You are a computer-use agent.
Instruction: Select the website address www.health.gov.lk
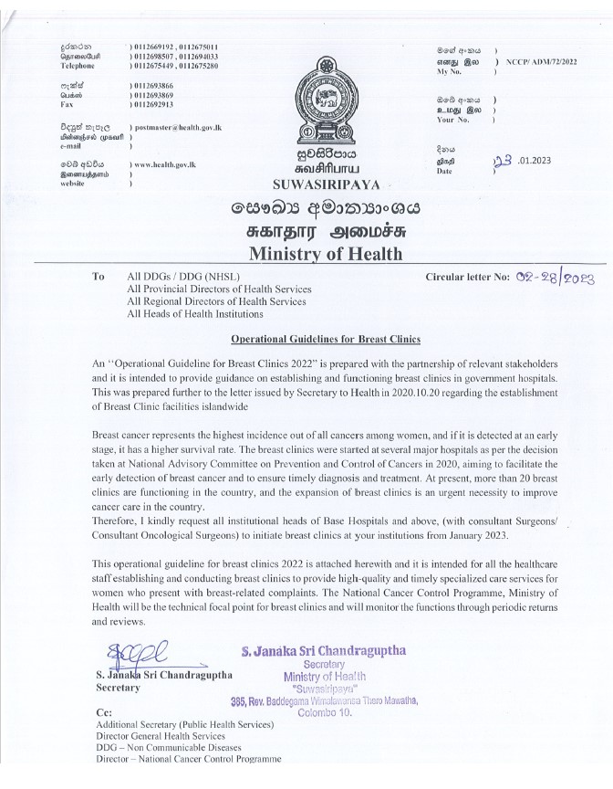[x=167, y=163]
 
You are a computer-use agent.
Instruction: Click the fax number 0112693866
[x=151, y=83]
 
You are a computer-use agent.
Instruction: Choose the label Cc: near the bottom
[x=103, y=711]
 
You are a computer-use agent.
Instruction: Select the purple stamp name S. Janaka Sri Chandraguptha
[x=325, y=651]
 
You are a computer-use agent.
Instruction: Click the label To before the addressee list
[x=99, y=276]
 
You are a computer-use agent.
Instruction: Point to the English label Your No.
[x=456, y=120]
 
